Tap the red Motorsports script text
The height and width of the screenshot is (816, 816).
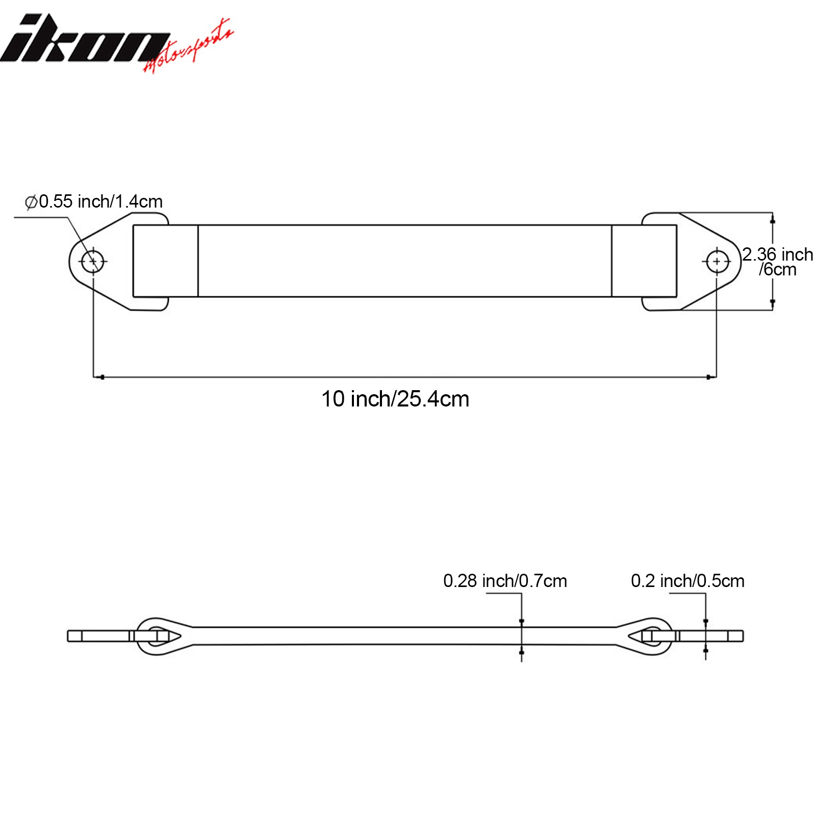(189, 47)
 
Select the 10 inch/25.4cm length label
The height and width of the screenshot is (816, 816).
(395, 399)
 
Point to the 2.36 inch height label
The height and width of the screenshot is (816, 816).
(778, 254)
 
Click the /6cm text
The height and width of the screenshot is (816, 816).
(777, 270)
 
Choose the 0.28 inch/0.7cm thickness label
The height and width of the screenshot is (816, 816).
(505, 581)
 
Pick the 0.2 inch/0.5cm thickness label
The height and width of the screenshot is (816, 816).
(687, 581)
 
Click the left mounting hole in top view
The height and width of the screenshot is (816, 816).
(93, 262)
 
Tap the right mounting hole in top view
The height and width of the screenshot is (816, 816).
(717, 262)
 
